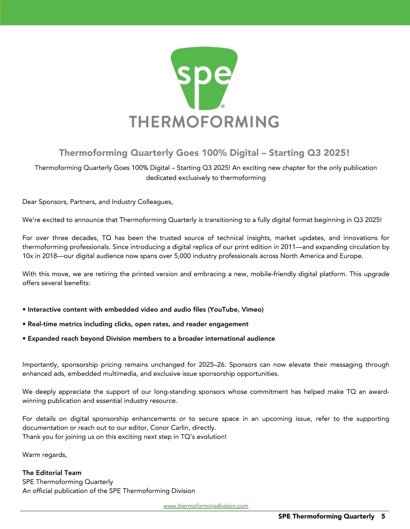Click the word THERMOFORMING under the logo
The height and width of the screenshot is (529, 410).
tap(204, 122)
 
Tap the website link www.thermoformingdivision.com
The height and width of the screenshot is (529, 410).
tap(206, 506)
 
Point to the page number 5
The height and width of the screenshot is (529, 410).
tap(383, 516)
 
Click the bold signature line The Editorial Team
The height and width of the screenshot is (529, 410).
tap(52, 473)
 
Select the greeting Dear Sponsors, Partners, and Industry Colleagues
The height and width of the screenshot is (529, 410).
tap(98, 202)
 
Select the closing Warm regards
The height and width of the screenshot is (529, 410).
tap(45, 455)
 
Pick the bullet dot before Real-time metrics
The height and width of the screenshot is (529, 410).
tap(24, 324)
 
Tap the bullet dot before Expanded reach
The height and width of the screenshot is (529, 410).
tap(24, 339)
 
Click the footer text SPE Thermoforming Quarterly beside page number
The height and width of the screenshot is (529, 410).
tap(326, 516)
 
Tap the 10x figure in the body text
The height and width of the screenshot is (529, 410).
tap(28, 256)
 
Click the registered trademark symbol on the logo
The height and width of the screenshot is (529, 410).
tap(223, 106)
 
